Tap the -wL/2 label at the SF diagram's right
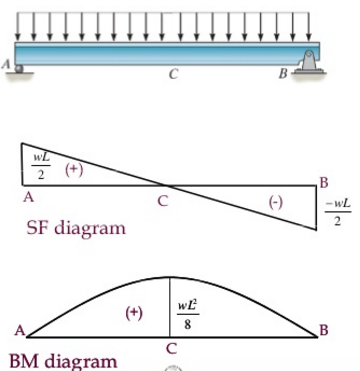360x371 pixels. point(337,212)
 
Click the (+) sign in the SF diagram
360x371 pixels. point(74,169)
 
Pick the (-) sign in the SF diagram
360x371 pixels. point(276,201)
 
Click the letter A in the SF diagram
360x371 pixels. point(28,198)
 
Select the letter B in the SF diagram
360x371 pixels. point(323,181)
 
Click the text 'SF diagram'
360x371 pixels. point(76,228)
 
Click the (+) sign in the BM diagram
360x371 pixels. point(133,312)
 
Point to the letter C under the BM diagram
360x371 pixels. point(171,348)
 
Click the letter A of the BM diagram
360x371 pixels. point(19,331)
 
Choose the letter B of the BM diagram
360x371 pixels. point(323,330)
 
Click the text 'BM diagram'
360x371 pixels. point(62,360)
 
